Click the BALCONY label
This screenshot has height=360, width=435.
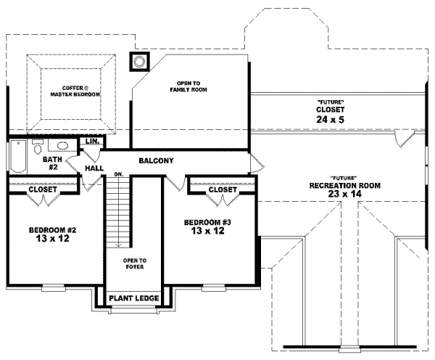click(156, 160)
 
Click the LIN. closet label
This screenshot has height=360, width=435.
click(92, 141)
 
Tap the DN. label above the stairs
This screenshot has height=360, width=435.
click(117, 175)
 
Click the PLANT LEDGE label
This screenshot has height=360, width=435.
click(133, 298)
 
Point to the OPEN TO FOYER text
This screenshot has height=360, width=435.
click(135, 263)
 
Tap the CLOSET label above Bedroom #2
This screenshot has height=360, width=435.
click(43, 189)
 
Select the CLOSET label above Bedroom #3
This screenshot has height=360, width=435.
click(222, 189)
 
